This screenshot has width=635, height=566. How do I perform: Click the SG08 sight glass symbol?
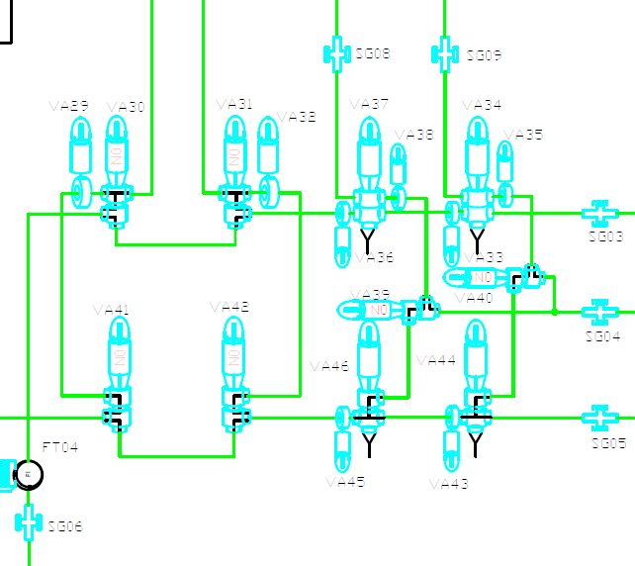(337, 52)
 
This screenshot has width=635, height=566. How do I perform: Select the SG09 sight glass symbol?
(445, 53)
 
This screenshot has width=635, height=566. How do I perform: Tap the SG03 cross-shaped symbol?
(598, 212)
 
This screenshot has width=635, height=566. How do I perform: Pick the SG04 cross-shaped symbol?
(598, 312)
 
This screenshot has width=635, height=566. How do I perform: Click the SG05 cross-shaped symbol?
(598, 417)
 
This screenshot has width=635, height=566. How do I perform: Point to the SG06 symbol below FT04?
(28, 520)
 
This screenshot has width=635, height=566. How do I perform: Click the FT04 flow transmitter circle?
(28, 475)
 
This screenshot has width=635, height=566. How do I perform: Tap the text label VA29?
(68, 106)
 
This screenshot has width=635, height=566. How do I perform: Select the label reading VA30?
(125, 106)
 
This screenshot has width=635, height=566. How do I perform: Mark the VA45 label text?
(344, 483)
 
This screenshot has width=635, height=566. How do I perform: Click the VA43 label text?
(448, 484)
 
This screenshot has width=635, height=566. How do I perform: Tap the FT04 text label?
(59, 448)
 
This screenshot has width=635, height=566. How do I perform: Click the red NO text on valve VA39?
(377, 310)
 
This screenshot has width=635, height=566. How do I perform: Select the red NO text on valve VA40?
(482, 277)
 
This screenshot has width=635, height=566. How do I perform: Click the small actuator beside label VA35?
(504, 162)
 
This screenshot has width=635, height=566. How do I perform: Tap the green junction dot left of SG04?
(555, 312)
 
